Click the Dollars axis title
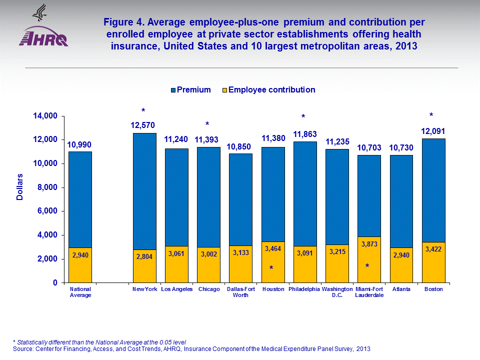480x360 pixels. (x=20, y=187)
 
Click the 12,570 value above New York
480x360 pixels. (x=143, y=125)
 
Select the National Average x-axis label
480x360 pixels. (x=80, y=292)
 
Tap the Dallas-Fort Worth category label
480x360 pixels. (x=240, y=292)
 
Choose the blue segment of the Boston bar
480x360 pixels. (x=433, y=190)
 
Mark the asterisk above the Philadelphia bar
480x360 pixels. (x=303, y=117)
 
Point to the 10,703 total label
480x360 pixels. (x=368, y=147)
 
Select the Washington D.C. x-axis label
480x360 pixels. (x=336, y=292)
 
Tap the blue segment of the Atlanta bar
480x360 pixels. (x=401, y=200)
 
